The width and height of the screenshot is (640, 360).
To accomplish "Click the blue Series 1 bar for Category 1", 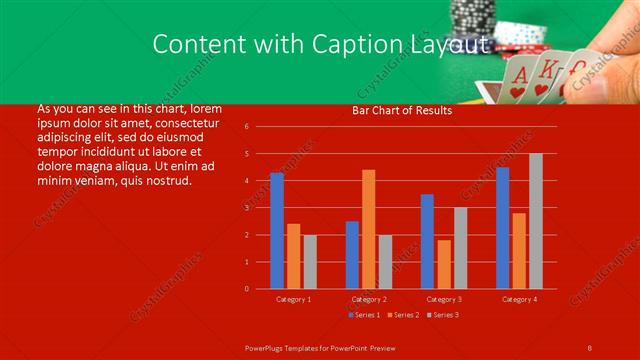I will (x=277, y=231).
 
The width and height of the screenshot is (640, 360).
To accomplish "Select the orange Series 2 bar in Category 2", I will (x=369, y=229).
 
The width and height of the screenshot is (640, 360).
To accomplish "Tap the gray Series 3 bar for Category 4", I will (x=536, y=221).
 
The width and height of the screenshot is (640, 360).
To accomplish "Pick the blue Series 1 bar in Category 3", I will (x=427, y=241).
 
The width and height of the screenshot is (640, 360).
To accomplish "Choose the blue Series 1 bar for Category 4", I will (x=502, y=228).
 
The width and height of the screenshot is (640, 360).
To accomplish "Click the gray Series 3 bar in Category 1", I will (x=310, y=262).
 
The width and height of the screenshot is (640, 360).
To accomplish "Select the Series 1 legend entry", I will (x=363, y=315).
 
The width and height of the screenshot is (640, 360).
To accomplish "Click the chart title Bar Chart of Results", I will (x=402, y=111).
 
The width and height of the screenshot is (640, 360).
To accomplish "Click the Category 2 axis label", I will (x=369, y=299).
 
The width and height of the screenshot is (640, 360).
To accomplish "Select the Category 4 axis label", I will (x=519, y=299).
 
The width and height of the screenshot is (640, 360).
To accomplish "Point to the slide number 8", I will (x=589, y=346).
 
